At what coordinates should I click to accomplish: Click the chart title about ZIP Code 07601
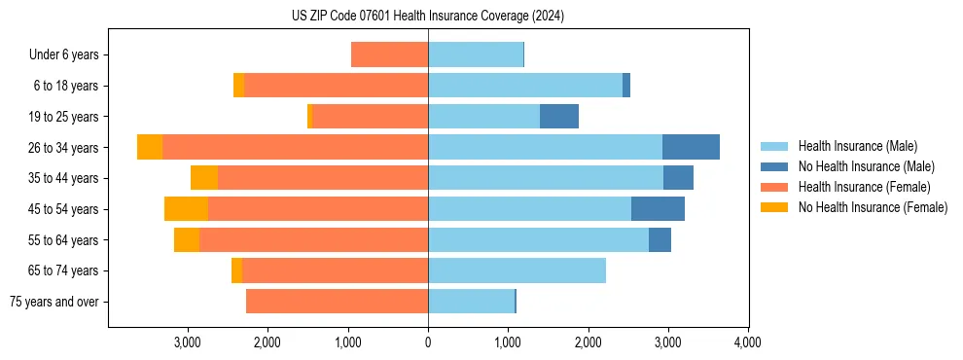click(428, 17)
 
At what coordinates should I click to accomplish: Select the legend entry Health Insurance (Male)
click(857, 146)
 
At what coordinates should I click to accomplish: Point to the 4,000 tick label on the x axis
click(747, 342)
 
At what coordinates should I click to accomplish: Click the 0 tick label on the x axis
click(428, 342)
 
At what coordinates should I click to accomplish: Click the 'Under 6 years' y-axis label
click(63, 55)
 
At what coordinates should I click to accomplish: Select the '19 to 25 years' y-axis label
click(65, 117)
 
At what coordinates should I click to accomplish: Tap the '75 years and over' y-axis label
click(53, 302)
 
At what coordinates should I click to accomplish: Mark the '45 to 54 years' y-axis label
click(65, 209)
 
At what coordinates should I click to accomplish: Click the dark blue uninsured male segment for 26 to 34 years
click(691, 147)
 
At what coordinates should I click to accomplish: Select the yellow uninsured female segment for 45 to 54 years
click(186, 209)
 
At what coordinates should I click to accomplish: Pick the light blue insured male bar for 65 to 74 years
click(517, 270)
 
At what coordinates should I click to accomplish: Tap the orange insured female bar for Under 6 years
click(389, 55)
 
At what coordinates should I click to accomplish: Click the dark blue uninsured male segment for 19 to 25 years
click(559, 117)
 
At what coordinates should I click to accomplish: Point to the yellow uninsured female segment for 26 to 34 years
click(150, 147)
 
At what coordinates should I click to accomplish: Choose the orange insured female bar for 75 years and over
click(337, 302)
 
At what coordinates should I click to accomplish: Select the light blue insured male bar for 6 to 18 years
click(525, 86)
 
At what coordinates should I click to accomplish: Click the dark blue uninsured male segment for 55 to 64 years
click(660, 239)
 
